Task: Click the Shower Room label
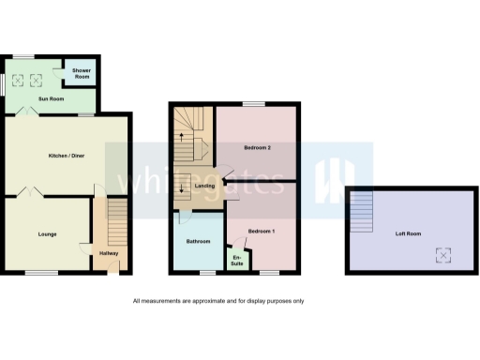82,74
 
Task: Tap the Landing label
204,187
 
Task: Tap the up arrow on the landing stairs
181,139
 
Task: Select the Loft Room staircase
362,212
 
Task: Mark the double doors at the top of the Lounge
28,193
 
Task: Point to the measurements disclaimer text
217,301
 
